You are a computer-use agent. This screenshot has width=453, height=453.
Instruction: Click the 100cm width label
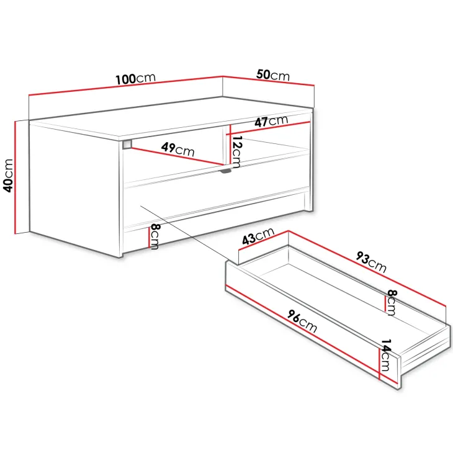click(x=135, y=78)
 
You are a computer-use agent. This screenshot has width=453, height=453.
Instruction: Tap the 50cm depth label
click(x=272, y=75)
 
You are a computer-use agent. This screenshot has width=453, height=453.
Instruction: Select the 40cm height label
click(x=8, y=176)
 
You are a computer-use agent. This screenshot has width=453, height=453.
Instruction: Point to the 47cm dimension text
click(x=271, y=122)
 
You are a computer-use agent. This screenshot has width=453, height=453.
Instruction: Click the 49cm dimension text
click(x=177, y=150)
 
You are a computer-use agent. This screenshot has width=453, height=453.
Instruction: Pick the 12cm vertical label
click(x=236, y=151)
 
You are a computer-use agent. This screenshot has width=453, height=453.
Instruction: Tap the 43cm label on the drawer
click(x=258, y=236)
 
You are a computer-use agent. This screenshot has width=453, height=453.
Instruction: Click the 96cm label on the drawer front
click(x=302, y=321)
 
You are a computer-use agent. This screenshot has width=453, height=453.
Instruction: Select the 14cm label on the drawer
click(x=385, y=355)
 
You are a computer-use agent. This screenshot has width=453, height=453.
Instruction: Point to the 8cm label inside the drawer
click(x=392, y=302)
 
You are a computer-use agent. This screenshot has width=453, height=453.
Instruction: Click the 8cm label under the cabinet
click(x=155, y=236)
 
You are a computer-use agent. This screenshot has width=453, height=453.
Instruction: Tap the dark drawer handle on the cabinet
click(x=225, y=171)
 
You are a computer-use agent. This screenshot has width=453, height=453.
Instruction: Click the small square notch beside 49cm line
click(x=127, y=144)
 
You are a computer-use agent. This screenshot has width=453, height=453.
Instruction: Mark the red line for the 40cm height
click(x=15, y=177)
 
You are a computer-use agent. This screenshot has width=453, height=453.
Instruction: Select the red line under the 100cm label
click(x=126, y=85)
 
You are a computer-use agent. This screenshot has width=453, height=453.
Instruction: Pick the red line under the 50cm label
click(x=269, y=81)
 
